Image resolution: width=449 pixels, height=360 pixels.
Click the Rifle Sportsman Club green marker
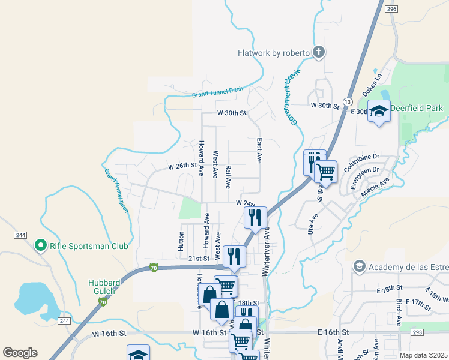pos(40,245)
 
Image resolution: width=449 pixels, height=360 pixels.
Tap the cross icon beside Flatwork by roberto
pos(319,53)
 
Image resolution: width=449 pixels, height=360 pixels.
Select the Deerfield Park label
pos(416,108)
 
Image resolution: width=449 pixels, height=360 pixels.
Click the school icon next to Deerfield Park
pos(379,111)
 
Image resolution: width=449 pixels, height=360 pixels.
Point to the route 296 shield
pos(392,10)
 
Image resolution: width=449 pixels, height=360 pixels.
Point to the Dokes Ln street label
pos(372,86)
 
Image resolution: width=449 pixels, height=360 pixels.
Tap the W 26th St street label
pos(182,166)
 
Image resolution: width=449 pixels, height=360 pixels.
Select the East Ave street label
pos(259,151)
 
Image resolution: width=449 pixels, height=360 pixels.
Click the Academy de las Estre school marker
pos(359,266)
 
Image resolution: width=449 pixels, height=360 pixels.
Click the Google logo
pos(20,352)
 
